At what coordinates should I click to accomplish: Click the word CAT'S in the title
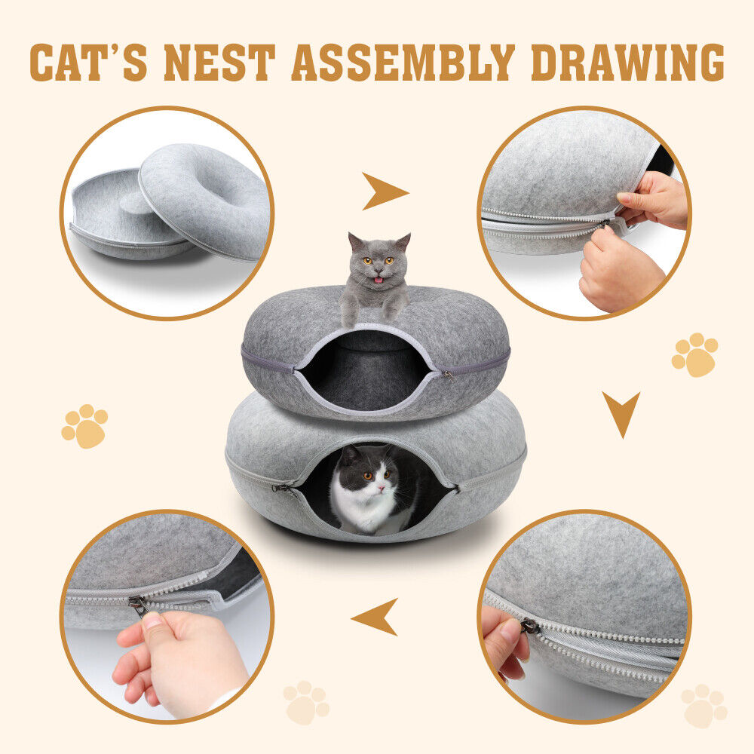[x=90, y=63]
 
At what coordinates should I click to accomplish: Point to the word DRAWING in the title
[x=627, y=63]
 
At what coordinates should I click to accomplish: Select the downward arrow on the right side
[x=621, y=413]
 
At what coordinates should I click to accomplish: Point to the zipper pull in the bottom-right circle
[x=529, y=626]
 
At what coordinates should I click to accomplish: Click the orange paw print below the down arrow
[x=694, y=355]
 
